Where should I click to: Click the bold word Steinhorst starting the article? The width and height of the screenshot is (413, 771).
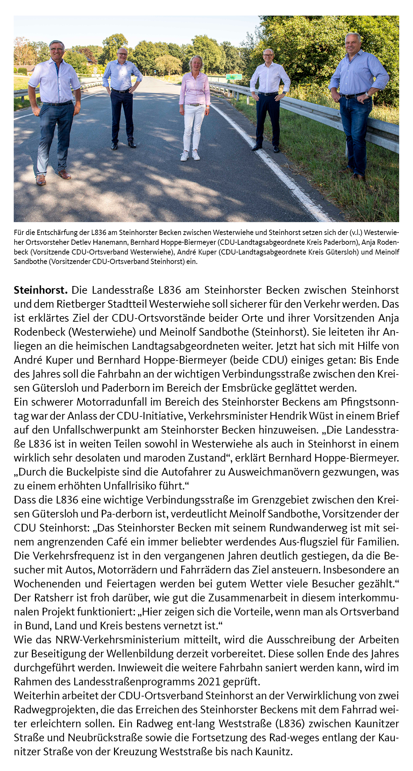click(x=40, y=290)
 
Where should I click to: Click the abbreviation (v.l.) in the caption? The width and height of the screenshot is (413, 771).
click(x=356, y=232)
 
